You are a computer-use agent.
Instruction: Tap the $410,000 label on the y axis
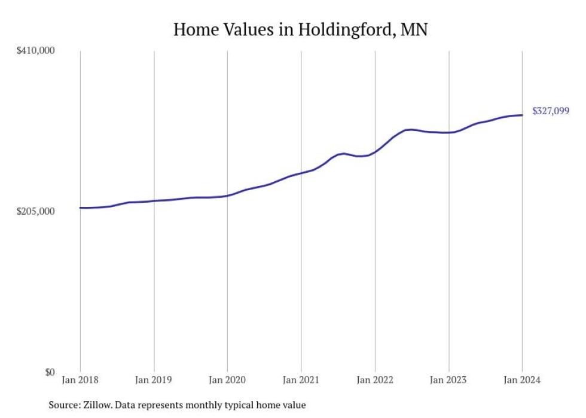(35, 50)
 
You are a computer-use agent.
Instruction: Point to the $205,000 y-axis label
(35, 211)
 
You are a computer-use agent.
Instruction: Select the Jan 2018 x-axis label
(80, 380)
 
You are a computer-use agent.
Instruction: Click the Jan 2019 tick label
(154, 380)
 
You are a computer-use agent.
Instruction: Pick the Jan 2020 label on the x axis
(227, 380)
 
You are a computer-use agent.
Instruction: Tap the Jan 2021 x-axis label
(301, 380)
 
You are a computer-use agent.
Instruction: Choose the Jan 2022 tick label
(375, 380)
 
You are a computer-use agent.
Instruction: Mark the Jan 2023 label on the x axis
(448, 380)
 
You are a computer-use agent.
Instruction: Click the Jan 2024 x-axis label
(522, 380)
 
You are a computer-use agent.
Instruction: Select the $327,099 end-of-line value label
(551, 111)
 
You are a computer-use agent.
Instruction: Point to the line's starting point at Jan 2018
(80, 208)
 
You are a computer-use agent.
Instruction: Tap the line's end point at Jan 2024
(522, 115)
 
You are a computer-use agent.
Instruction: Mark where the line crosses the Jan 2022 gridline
(375, 152)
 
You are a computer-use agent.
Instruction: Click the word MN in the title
(414, 30)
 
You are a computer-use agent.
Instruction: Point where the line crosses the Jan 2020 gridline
(227, 196)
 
